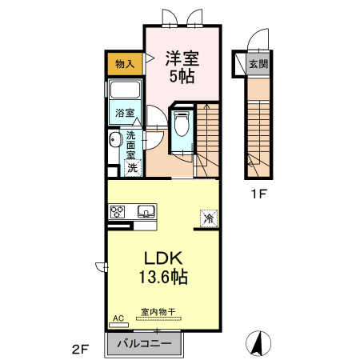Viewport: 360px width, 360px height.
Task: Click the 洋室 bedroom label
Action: click(182, 58)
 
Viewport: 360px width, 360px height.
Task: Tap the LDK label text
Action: click(163, 258)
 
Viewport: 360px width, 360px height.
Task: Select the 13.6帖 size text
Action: click(163, 277)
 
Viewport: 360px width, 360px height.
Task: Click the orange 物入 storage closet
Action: click(125, 64)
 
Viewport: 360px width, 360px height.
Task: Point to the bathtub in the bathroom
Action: click(125, 90)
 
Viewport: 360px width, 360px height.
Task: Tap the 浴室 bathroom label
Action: click(125, 113)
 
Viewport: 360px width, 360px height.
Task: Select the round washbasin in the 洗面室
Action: click(114, 139)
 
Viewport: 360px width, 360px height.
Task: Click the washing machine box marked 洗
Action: click(133, 168)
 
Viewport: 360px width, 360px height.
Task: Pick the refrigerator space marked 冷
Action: click(209, 218)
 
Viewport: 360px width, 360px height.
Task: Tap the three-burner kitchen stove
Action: click(118, 212)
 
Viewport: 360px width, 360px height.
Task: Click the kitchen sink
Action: click(146, 211)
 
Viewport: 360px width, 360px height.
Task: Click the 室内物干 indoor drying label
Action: click(158, 311)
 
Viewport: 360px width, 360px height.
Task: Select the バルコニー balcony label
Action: click(144, 343)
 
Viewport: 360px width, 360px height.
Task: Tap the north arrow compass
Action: click(258, 343)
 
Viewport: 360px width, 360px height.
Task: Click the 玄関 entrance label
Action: click(258, 64)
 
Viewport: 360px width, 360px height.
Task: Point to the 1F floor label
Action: click(258, 194)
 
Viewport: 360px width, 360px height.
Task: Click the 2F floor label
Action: click(80, 350)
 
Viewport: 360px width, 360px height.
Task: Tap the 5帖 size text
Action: click(182, 77)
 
